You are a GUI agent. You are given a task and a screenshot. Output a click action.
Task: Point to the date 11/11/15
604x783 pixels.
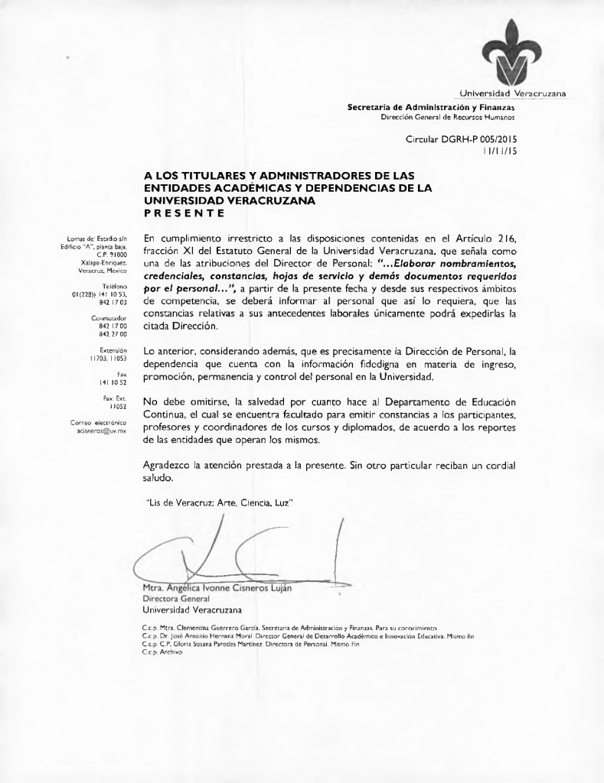click(499, 151)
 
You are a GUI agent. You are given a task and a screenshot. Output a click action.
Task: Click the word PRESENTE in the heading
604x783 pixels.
click(184, 212)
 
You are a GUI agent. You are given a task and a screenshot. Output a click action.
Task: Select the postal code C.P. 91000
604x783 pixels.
click(110, 254)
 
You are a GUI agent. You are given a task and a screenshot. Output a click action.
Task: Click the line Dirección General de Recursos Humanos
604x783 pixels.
click(448, 117)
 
